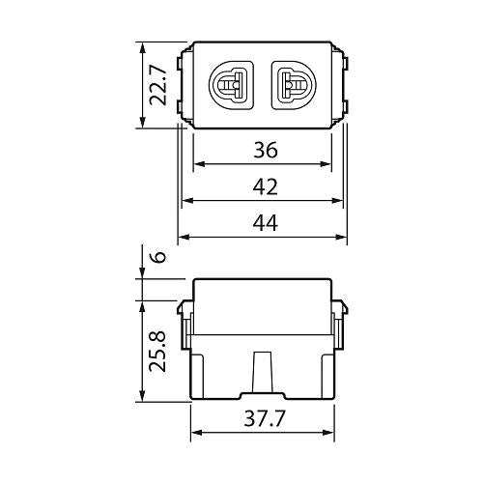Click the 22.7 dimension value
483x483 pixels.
(x=163, y=84)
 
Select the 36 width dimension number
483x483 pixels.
(x=264, y=150)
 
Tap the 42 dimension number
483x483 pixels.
(x=264, y=186)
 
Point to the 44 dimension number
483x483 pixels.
(x=264, y=223)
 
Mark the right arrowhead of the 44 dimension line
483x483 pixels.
(x=343, y=238)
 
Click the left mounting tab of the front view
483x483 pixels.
(x=185, y=84)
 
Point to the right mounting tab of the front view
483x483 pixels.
(x=339, y=84)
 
